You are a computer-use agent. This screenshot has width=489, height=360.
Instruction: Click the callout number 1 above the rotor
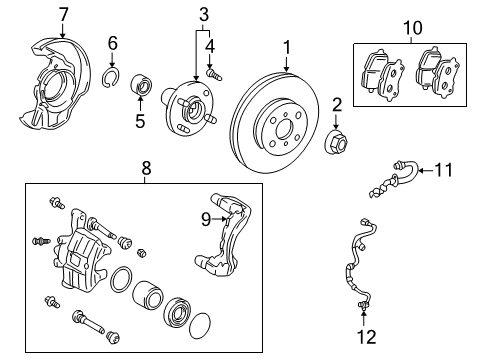pyautogui.click(x=286, y=47)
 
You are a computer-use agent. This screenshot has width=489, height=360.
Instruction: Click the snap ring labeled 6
pyautogui.click(x=114, y=77)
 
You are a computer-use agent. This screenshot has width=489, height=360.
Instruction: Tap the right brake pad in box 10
pyautogui.click(x=437, y=72)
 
